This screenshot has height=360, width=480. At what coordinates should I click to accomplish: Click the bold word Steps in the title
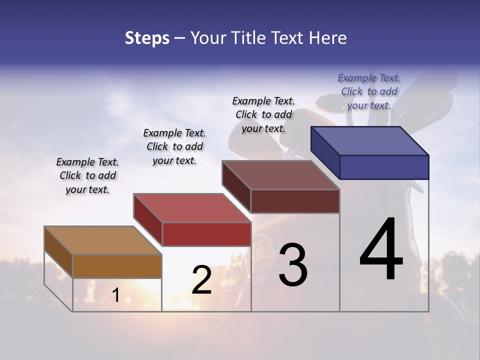point(147,38)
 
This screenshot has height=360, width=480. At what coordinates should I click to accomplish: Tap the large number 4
point(381,250)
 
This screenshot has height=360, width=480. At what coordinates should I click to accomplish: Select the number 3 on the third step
point(293,265)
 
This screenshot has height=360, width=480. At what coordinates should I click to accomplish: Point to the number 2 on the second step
point(202,280)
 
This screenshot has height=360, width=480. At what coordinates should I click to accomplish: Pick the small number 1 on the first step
point(115,295)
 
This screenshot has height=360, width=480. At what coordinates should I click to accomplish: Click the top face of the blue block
point(370,141)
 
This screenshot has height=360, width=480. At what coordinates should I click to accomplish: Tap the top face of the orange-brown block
point(103,240)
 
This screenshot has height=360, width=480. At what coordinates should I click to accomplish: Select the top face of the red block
point(192,208)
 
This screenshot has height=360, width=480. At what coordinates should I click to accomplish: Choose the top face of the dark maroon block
point(280,175)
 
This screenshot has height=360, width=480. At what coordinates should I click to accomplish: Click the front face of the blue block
point(384,167)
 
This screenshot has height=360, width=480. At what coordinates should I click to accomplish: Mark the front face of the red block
point(206,234)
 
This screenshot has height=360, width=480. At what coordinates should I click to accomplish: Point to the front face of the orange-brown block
point(117,266)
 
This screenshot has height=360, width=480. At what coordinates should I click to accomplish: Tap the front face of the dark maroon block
point(295,201)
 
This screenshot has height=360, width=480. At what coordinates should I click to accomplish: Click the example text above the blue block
point(369,91)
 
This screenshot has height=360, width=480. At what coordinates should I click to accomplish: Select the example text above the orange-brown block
point(87,175)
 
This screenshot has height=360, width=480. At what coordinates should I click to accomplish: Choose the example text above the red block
point(174,146)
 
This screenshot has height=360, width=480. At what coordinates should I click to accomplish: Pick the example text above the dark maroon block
point(263,114)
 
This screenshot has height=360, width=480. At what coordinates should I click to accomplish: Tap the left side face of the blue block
point(325,152)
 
